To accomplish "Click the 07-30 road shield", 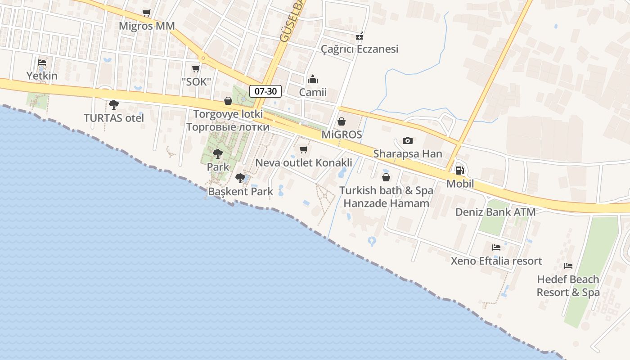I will [265, 91].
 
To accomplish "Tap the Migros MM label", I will [147, 26].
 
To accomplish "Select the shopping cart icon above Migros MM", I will [146, 13].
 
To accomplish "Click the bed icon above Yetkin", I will [42, 63].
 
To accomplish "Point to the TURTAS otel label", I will [114, 118].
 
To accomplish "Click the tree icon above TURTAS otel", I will [114, 105].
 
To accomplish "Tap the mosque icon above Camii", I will [313, 80].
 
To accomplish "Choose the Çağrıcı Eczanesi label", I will [360, 49].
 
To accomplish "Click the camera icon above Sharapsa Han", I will [408, 140].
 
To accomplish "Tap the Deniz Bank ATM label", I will [495, 212].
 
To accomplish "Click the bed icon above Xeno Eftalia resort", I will [496, 247].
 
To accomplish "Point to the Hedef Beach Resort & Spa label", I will [568, 286].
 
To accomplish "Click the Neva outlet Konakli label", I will [304, 162].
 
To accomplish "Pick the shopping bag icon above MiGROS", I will [342, 121].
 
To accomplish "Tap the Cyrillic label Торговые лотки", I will [228, 127].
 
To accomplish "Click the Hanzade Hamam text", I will [386, 203].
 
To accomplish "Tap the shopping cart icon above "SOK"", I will [196, 68].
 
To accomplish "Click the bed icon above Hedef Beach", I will [568, 266].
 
